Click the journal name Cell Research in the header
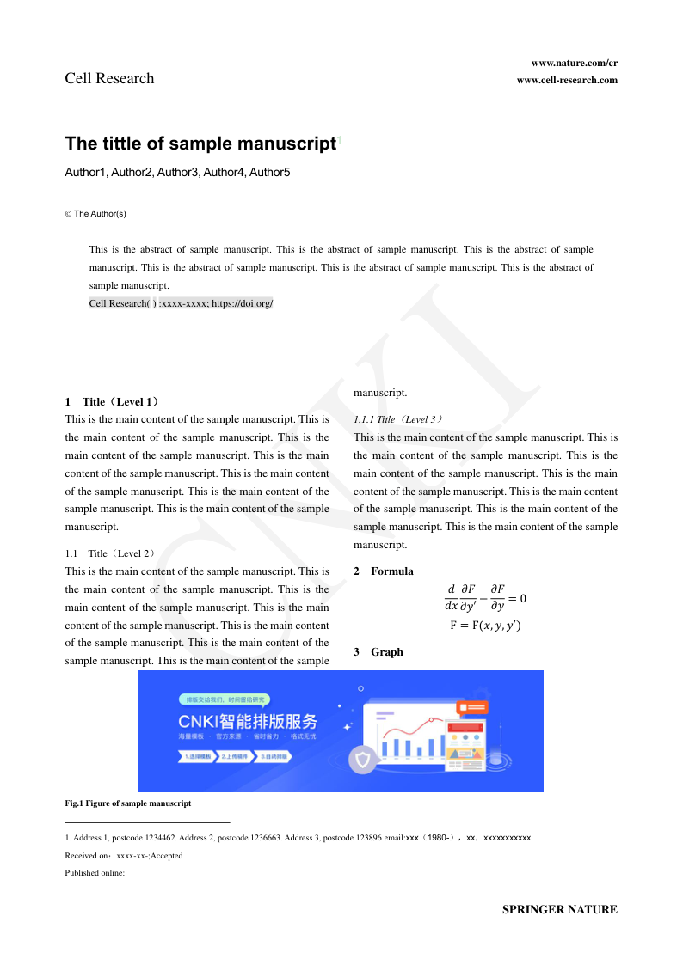109,78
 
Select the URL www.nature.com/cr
574,63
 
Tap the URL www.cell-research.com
567,80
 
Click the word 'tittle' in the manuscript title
133,144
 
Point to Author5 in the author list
270,173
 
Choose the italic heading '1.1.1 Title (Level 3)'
397,419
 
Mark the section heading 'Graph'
386,652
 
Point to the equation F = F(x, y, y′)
485,626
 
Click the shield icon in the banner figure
363,760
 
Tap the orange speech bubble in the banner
473,707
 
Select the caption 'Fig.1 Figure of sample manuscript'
127,803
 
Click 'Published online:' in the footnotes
95,873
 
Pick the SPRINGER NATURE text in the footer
559,909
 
